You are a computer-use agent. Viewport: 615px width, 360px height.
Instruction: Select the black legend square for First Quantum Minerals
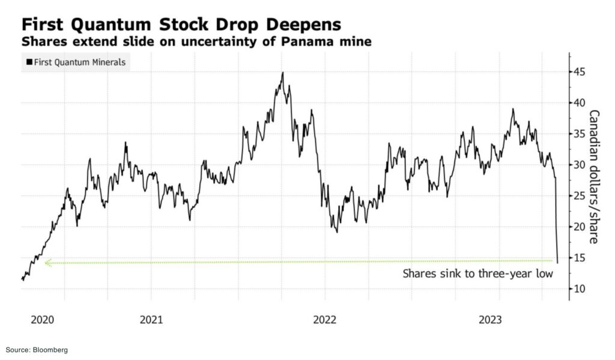point(28,62)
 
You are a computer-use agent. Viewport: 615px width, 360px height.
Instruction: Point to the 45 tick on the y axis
point(580,72)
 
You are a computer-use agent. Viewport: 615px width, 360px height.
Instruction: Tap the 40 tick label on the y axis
point(580,103)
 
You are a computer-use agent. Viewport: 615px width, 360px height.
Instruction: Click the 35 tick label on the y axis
point(580,133)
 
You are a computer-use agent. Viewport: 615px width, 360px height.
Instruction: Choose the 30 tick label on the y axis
point(580,165)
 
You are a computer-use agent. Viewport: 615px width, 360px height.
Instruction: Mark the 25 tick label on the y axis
point(580,196)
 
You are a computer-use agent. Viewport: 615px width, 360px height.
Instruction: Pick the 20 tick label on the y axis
point(580,227)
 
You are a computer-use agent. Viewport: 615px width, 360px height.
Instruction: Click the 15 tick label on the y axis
point(580,258)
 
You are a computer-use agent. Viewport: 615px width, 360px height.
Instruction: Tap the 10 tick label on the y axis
point(580,289)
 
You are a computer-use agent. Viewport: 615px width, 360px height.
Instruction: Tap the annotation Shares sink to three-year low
point(477,274)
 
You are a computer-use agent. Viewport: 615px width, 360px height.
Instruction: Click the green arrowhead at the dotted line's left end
point(47,263)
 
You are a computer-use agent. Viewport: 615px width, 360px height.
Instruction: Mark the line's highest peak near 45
point(282,73)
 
